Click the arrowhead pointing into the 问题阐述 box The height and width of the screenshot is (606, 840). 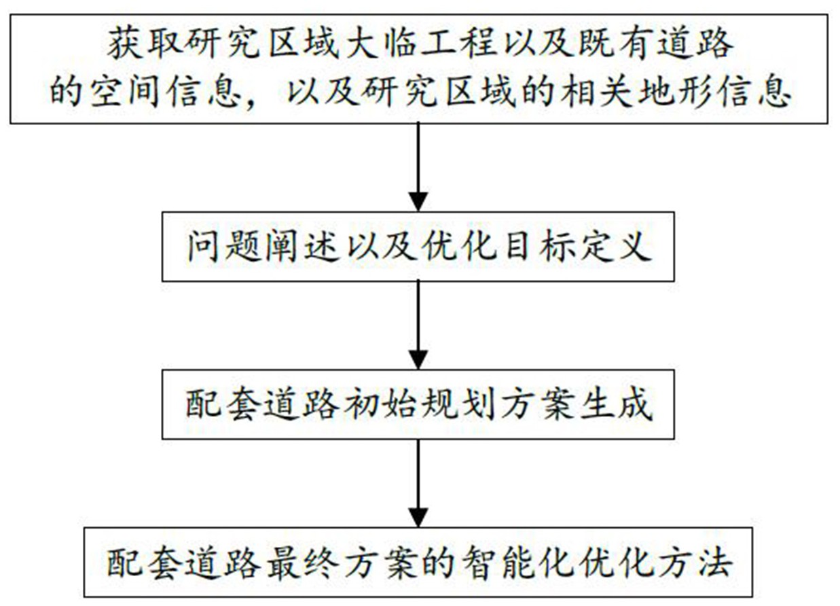[418, 200]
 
